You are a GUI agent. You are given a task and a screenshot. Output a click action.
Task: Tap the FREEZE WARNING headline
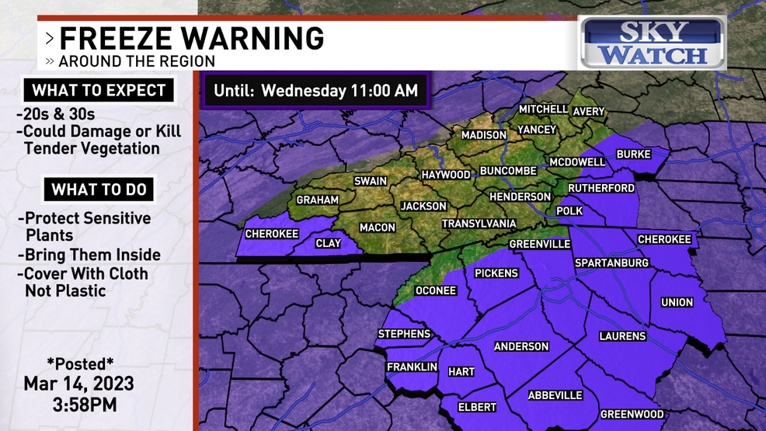click(x=191, y=37)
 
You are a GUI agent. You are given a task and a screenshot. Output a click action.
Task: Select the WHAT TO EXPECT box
click(x=99, y=90)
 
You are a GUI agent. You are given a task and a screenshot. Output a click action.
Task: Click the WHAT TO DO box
click(x=99, y=189)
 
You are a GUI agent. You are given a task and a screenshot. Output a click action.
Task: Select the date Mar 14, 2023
click(x=78, y=384)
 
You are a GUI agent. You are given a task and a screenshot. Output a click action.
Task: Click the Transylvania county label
click(x=479, y=224)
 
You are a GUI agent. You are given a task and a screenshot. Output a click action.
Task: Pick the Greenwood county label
click(x=632, y=415)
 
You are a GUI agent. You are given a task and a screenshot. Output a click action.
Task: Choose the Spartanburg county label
click(x=611, y=263)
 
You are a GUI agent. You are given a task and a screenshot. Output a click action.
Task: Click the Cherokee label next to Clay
click(x=272, y=234)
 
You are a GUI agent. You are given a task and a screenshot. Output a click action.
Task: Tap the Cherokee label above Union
click(x=664, y=239)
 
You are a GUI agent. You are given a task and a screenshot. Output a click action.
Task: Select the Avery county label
click(x=588, y=111)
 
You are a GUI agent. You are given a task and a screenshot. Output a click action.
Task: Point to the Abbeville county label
click(x=555, y=395)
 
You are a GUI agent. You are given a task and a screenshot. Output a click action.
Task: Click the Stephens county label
click(x=404, y=334)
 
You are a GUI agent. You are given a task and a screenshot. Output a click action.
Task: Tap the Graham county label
click(x=317, y=200)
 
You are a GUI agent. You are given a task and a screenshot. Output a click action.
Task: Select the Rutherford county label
click(x=601, y=188)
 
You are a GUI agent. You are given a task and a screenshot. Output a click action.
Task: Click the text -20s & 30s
click(x=56, y=115)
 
